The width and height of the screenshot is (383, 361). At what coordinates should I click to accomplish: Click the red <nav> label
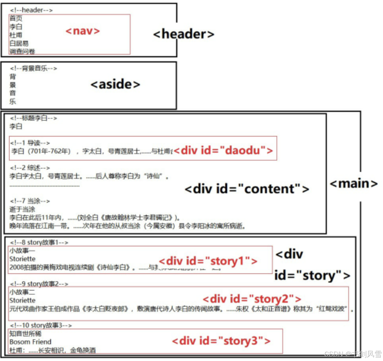point(83,31)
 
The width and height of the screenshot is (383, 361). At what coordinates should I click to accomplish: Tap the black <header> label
point(184,34)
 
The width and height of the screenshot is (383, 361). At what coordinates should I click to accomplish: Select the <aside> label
point(115,84)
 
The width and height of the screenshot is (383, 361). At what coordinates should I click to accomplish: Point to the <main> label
point(353,184)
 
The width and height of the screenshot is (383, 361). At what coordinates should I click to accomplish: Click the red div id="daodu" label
point(223,151)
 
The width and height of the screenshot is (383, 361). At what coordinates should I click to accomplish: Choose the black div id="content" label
point(247,189)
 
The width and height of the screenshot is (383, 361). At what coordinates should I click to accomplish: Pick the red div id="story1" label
point(208,261)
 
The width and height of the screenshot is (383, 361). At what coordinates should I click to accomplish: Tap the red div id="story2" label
point(252,298)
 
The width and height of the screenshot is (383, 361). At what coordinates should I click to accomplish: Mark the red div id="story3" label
point(221,341)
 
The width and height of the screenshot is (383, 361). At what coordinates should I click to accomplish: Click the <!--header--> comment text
point(31,10)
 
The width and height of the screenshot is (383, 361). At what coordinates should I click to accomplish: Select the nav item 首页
point(16,18)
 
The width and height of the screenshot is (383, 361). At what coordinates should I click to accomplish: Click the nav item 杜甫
point(16,35)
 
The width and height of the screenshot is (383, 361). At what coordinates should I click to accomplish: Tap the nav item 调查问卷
point(22,51)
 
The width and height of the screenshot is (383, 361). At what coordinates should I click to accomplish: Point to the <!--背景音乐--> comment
point(34,69)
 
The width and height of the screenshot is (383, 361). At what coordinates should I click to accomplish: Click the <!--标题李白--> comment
point(34,118)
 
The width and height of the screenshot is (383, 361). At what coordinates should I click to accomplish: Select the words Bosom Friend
point(30,342)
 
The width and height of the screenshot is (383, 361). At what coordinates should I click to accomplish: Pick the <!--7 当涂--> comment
point(30,201)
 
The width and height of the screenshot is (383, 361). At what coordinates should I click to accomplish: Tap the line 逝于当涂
point(22,209)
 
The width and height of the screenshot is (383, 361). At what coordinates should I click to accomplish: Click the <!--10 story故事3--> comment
point(40,325)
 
